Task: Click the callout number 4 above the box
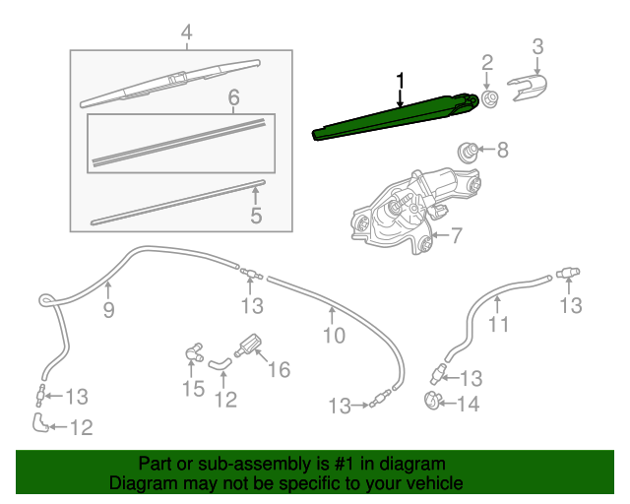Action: click(184, 35)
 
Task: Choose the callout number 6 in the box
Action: click(233, 97)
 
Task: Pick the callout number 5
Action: click(256, 214)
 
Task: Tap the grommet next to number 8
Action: click(470, 153)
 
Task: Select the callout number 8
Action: click(502, 151)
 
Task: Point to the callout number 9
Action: click(109, 310)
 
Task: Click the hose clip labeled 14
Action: click(430, 401)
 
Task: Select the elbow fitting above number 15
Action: click(194, 349)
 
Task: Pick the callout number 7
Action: click(456, 235)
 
